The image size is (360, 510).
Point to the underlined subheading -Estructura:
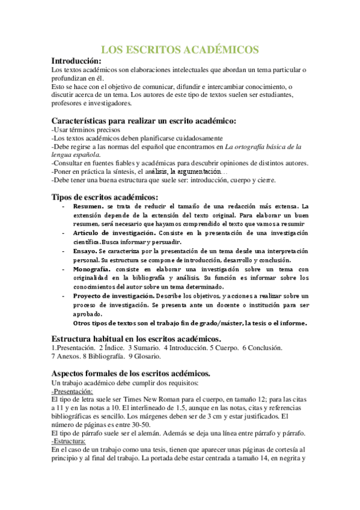point(69,441)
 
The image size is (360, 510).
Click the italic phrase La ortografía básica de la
point(267,146)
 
